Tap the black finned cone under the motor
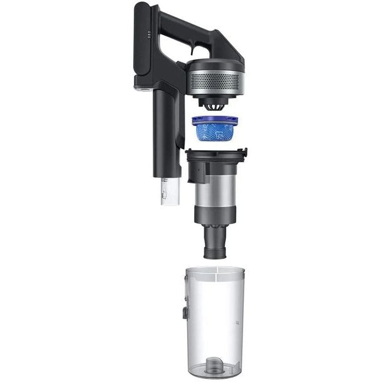click(x=213, y=104)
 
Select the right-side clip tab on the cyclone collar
click(x=244, y=153)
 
